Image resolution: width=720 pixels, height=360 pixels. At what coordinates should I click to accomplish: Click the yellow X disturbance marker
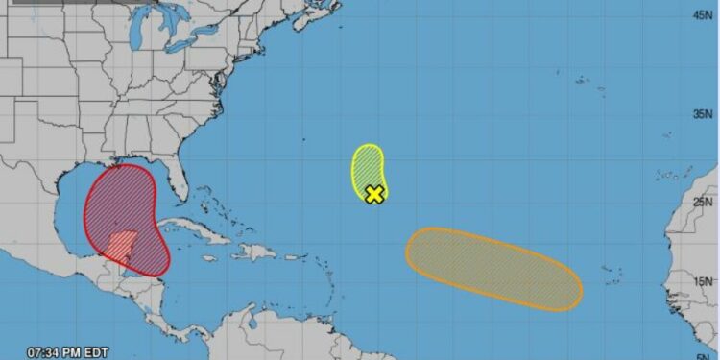click(374, 194)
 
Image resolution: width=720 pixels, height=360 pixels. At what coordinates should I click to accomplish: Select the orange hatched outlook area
click(493, 268)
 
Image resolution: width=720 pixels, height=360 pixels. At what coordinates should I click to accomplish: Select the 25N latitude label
click(704, 202)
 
